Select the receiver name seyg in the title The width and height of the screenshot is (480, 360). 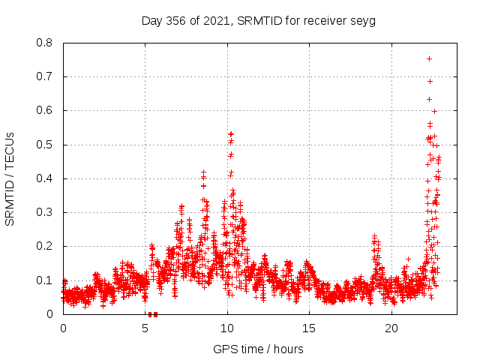pos(361,20)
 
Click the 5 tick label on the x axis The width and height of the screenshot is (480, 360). pos(145,328)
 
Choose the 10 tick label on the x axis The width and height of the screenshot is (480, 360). pos(227,328)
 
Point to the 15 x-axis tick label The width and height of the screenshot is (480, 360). pos(309,328)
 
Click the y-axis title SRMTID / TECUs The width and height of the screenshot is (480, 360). pos(10,178)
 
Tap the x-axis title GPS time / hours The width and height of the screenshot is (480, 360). pos(258,349)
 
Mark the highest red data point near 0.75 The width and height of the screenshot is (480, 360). pos(429,58)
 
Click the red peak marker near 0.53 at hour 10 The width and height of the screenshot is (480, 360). pos(231,134)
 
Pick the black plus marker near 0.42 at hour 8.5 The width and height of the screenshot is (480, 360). pos(203,172)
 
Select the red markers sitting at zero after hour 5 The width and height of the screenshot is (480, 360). pos(152,314)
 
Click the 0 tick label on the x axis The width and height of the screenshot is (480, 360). pos(63,328)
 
